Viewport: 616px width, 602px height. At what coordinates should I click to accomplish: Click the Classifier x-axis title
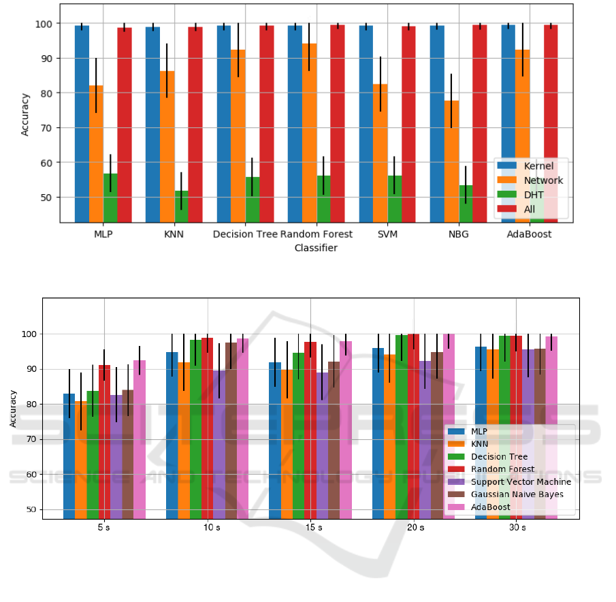[x=315, y=248]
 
